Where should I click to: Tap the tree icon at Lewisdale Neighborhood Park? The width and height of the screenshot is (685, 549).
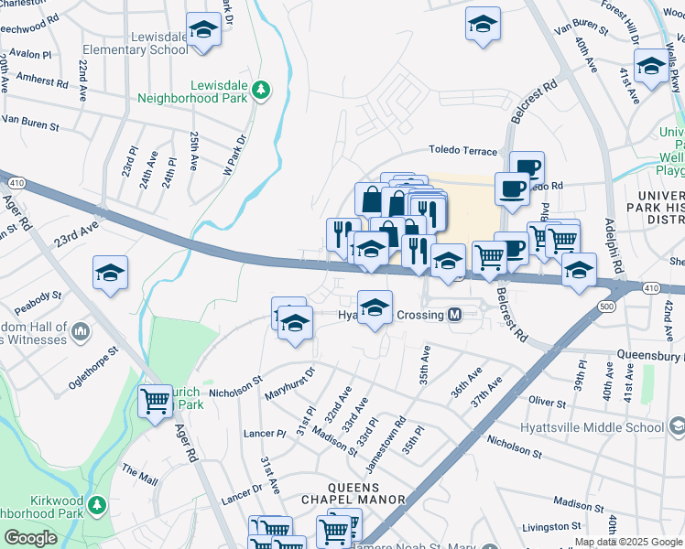pos(262,89)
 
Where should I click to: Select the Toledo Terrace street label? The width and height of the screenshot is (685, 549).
pos(462,151)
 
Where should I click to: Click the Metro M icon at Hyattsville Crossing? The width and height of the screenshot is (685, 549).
pos(454,315)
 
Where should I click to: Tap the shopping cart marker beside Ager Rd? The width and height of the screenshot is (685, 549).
pos(156,400)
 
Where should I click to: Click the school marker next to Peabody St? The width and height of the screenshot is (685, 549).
pos(110,273)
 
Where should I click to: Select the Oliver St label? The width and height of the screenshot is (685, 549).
pos(547,402)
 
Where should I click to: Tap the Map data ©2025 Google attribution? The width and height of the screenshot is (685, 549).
pos(628,542)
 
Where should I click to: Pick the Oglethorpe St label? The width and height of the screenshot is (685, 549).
pos(93,368)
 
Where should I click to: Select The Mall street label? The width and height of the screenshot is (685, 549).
pos(140,474)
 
